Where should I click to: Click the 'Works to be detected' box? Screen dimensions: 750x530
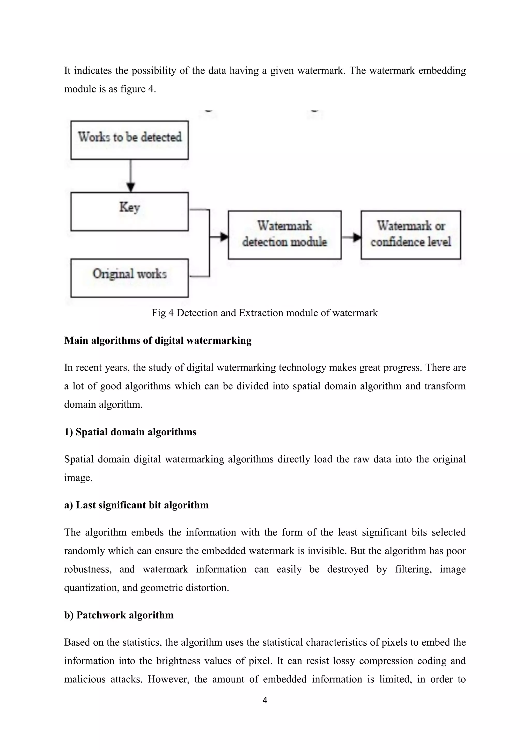click(130, 140)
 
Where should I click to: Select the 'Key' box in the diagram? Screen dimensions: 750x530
click(130, 211)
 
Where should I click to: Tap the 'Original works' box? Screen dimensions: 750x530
click(130, 278)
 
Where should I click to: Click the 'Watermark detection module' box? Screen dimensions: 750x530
click(285, 235)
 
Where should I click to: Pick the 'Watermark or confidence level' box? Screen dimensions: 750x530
click(410, 235)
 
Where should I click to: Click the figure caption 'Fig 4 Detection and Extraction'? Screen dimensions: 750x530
click(264, 313)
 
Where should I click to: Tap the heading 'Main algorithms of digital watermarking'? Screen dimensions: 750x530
click(158, 340)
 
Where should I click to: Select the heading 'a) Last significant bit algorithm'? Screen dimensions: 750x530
click(136, 505)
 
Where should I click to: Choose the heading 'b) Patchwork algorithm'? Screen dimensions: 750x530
click(119, 615)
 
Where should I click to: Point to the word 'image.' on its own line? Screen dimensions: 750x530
click(78, 478)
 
